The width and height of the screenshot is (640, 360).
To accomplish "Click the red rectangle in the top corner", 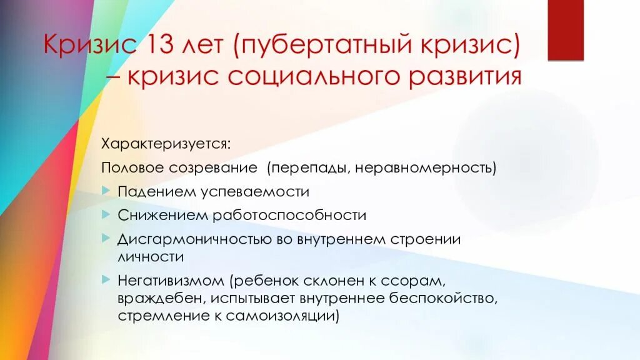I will [x=566, y=30].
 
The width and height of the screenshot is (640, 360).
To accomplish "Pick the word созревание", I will [x=213, y=168].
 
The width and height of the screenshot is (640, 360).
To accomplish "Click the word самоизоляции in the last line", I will [x=285, y=316].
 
